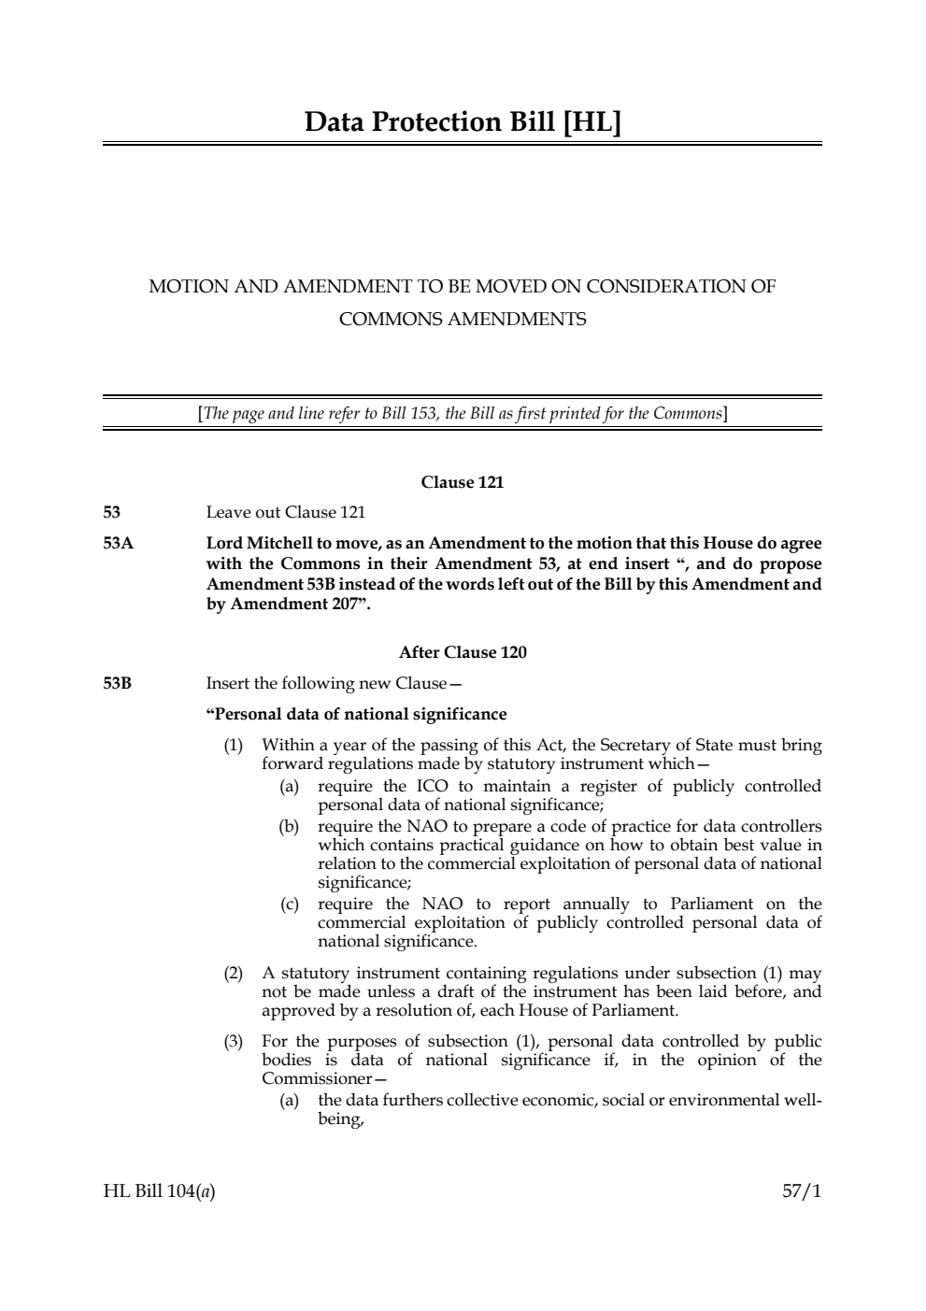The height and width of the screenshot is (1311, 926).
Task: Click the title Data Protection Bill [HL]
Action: [463, 122]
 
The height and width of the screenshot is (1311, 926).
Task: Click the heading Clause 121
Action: [463, 482]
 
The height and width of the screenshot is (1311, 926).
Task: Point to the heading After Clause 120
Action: [463, 652]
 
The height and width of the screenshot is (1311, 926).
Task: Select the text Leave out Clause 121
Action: [285, 512]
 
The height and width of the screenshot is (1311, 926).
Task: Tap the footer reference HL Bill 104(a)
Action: [159, 1191]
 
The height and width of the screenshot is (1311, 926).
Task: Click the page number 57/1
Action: [802, 1191]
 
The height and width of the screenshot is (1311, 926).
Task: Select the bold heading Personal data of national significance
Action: [356, 714]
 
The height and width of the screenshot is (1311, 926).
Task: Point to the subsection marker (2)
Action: [233, 973]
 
